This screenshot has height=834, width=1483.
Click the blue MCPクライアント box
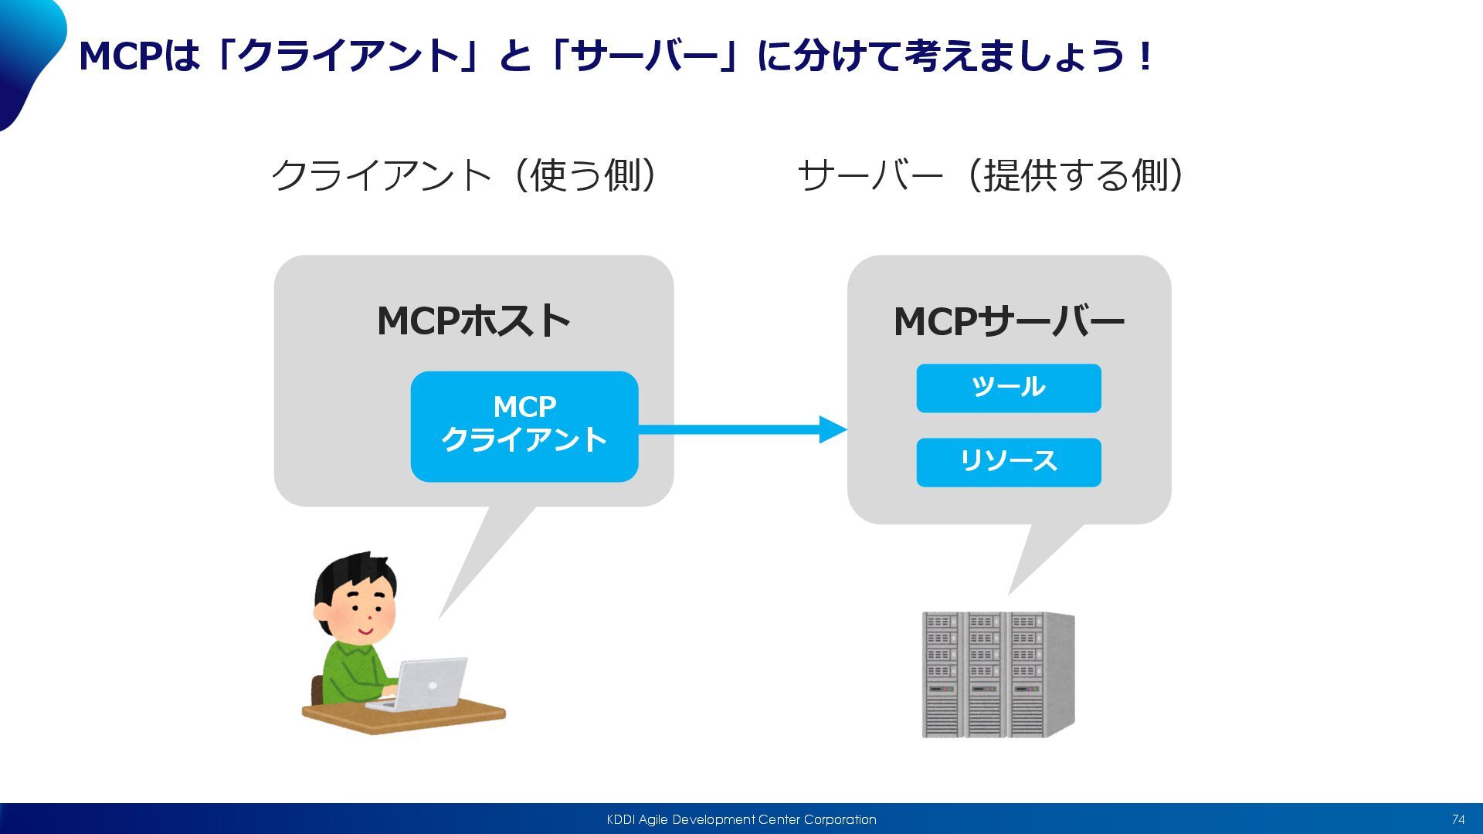524,426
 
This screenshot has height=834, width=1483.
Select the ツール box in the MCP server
1009,388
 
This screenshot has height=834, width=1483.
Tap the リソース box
1009,462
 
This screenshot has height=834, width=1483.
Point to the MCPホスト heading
473,320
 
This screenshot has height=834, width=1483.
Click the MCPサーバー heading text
1009,321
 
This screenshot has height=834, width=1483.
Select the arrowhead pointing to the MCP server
833,429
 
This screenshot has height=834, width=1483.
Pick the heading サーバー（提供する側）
991,175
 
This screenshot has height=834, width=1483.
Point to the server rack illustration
998,674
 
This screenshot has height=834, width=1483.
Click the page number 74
1458,819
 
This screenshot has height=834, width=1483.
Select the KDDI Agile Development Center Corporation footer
741,819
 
